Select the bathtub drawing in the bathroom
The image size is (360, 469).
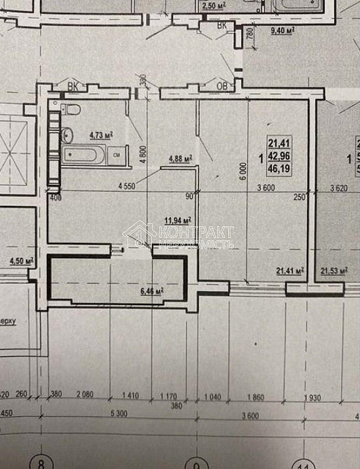[x=83, y=155]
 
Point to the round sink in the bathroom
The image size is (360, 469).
[x=69, y=134]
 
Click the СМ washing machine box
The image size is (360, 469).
[x=117, y=155]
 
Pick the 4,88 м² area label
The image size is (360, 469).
[x=181, y=158]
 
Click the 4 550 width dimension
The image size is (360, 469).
[x=128, y=187]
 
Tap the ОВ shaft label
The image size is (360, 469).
[x=223, y=87]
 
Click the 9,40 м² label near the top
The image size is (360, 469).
[x=282, y=31]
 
